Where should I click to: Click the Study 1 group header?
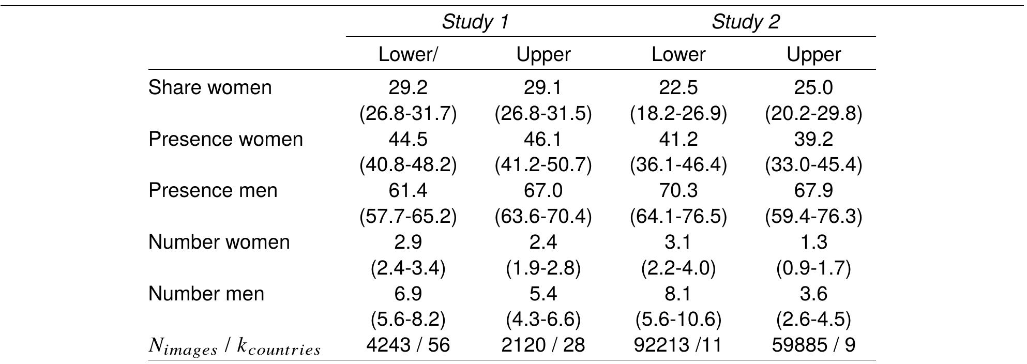(475, 22)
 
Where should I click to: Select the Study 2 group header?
(745, 22)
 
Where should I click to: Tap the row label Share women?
(210, 87)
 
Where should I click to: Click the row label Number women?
(219, 242)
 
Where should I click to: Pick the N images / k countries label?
(235, 346)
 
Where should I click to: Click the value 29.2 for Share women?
(408, 87)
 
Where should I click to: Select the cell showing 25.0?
(813, 87)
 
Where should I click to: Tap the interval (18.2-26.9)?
(678, 113)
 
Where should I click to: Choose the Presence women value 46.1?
(543, 139)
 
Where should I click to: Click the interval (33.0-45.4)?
(813, 165)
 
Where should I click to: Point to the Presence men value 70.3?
(678, 191)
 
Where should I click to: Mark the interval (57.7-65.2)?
(408, 216)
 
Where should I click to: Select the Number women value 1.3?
(813, 242)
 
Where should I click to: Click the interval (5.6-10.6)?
(678, 320)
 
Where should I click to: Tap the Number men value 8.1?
(678, 294)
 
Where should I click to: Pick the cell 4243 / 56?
(408, 345)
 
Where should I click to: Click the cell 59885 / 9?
(813, 345)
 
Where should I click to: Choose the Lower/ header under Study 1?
(408, 55)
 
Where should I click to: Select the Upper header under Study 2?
(813, 55)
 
